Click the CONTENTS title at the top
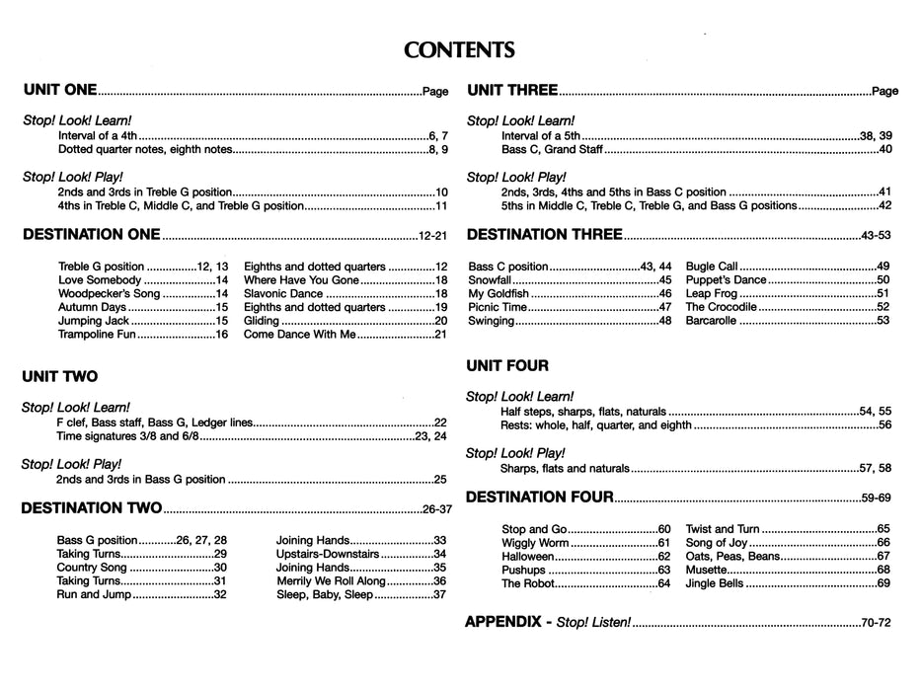click(x=460, y=49)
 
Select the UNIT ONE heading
click(x=59, y=91)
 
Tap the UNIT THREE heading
click(x=512, y=91)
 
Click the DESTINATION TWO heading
click(x=91, y=509)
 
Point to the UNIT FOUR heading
click(x=507, y=366)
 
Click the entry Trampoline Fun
click(x=102, y=336)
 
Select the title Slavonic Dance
click(x=283, y=294)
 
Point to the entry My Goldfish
click(x=501, y=294)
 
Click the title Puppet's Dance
click(x=726, y=280)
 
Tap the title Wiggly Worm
click(x=535, y=544)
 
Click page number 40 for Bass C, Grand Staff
click(x=884, y=150)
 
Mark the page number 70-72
click(x=876, y=625)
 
